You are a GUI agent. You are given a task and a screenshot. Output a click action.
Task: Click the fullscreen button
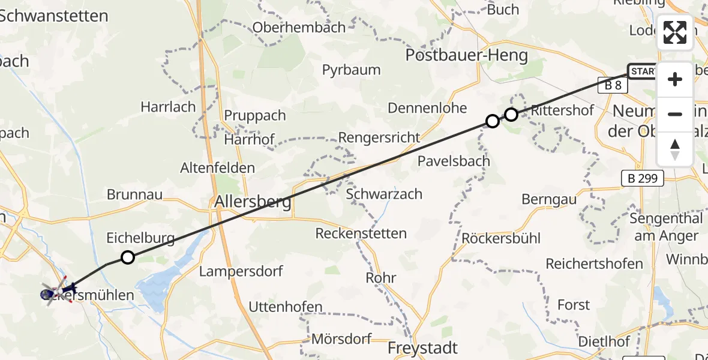(x=675, y=32)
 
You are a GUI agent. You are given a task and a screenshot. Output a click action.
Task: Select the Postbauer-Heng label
(x=467, y=56)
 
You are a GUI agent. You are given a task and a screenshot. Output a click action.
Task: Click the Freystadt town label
(x=422, y=348)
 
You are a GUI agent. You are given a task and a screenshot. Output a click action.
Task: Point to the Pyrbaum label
(x=351, y=70)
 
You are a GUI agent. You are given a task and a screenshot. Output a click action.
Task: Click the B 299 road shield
(x=642, y=178)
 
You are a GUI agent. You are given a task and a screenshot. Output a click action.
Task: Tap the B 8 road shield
(x=612, y=85)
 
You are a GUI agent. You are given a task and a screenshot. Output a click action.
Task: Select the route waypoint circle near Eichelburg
(x=128, y=257)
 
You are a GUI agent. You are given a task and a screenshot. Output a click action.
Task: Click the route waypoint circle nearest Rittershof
(x=511, y=114)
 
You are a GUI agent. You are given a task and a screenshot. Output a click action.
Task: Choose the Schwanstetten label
(x=54, y=16)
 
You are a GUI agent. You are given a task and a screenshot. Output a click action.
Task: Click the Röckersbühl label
(x=501, y=238)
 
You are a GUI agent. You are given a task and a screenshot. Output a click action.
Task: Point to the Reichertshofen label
(x=594, y=263)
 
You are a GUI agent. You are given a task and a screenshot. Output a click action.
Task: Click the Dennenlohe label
(x=427, y=108)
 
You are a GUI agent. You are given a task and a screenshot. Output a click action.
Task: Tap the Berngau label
(x=549, y=199)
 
